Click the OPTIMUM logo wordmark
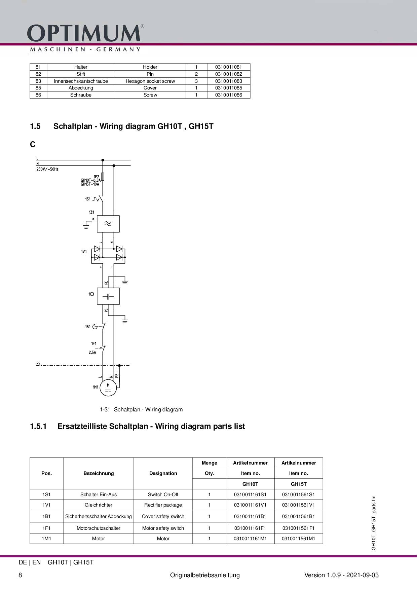click(x=84, y=33)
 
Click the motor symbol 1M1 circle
click(x=108, y=388)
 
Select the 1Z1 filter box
click(x=108, y=224)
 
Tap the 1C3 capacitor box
click(x=108, y=296)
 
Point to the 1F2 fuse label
click(x=96, y=177)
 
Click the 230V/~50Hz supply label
click(x=47, y=169)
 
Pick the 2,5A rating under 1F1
click(x=92, y=353)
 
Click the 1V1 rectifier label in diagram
click(x=84, y=252)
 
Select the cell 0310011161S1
click(x=250, y=494)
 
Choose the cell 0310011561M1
click(x=299, y=539)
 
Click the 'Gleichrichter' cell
click(x=99, y=505)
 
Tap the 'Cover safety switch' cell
click(x=163, y=516)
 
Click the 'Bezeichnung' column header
click(x=99, y=473)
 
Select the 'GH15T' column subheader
click(x=299, y=484)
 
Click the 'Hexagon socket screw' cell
click(x=150, y=81)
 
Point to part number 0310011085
click(x=228, y=88)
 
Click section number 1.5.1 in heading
click(x=38, y=427)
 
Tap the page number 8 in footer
click(x=20, y=575)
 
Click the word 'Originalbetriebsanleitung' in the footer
click(x=205, y=575)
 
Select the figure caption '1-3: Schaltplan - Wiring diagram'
click(x=141, y=410)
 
